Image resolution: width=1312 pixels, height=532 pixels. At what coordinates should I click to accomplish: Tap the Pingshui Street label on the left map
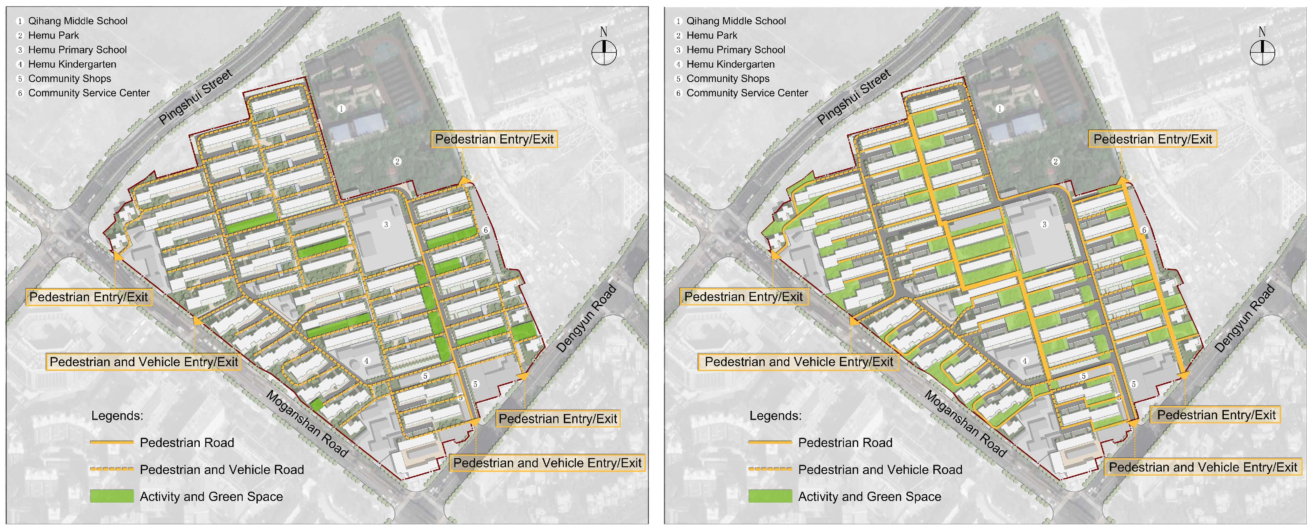(x=195, y=97)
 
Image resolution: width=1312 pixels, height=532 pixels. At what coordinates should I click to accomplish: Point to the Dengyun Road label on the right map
(x=1244, y=319)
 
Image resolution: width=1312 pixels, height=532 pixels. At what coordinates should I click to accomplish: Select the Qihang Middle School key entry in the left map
(x=78, y=21)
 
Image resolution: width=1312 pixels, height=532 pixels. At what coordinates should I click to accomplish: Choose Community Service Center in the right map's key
(x=747, y=93)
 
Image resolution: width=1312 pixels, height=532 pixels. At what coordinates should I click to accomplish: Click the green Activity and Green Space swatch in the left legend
(x=112, y=496)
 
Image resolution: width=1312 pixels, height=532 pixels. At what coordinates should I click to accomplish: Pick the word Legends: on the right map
(x=775, y=416)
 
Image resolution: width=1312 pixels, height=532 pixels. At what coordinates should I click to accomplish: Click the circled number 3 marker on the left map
(x=386, y=225)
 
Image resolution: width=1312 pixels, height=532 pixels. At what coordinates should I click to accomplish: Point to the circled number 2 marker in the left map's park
(x=397, y=161)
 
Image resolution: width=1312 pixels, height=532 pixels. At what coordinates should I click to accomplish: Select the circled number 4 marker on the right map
(x=1025, y=361)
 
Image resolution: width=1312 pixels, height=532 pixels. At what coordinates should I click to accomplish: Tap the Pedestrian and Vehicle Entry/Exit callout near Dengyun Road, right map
(x=1203, y=467)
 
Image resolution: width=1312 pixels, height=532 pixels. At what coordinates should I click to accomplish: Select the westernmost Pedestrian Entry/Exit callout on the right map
(x=743, y=297)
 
